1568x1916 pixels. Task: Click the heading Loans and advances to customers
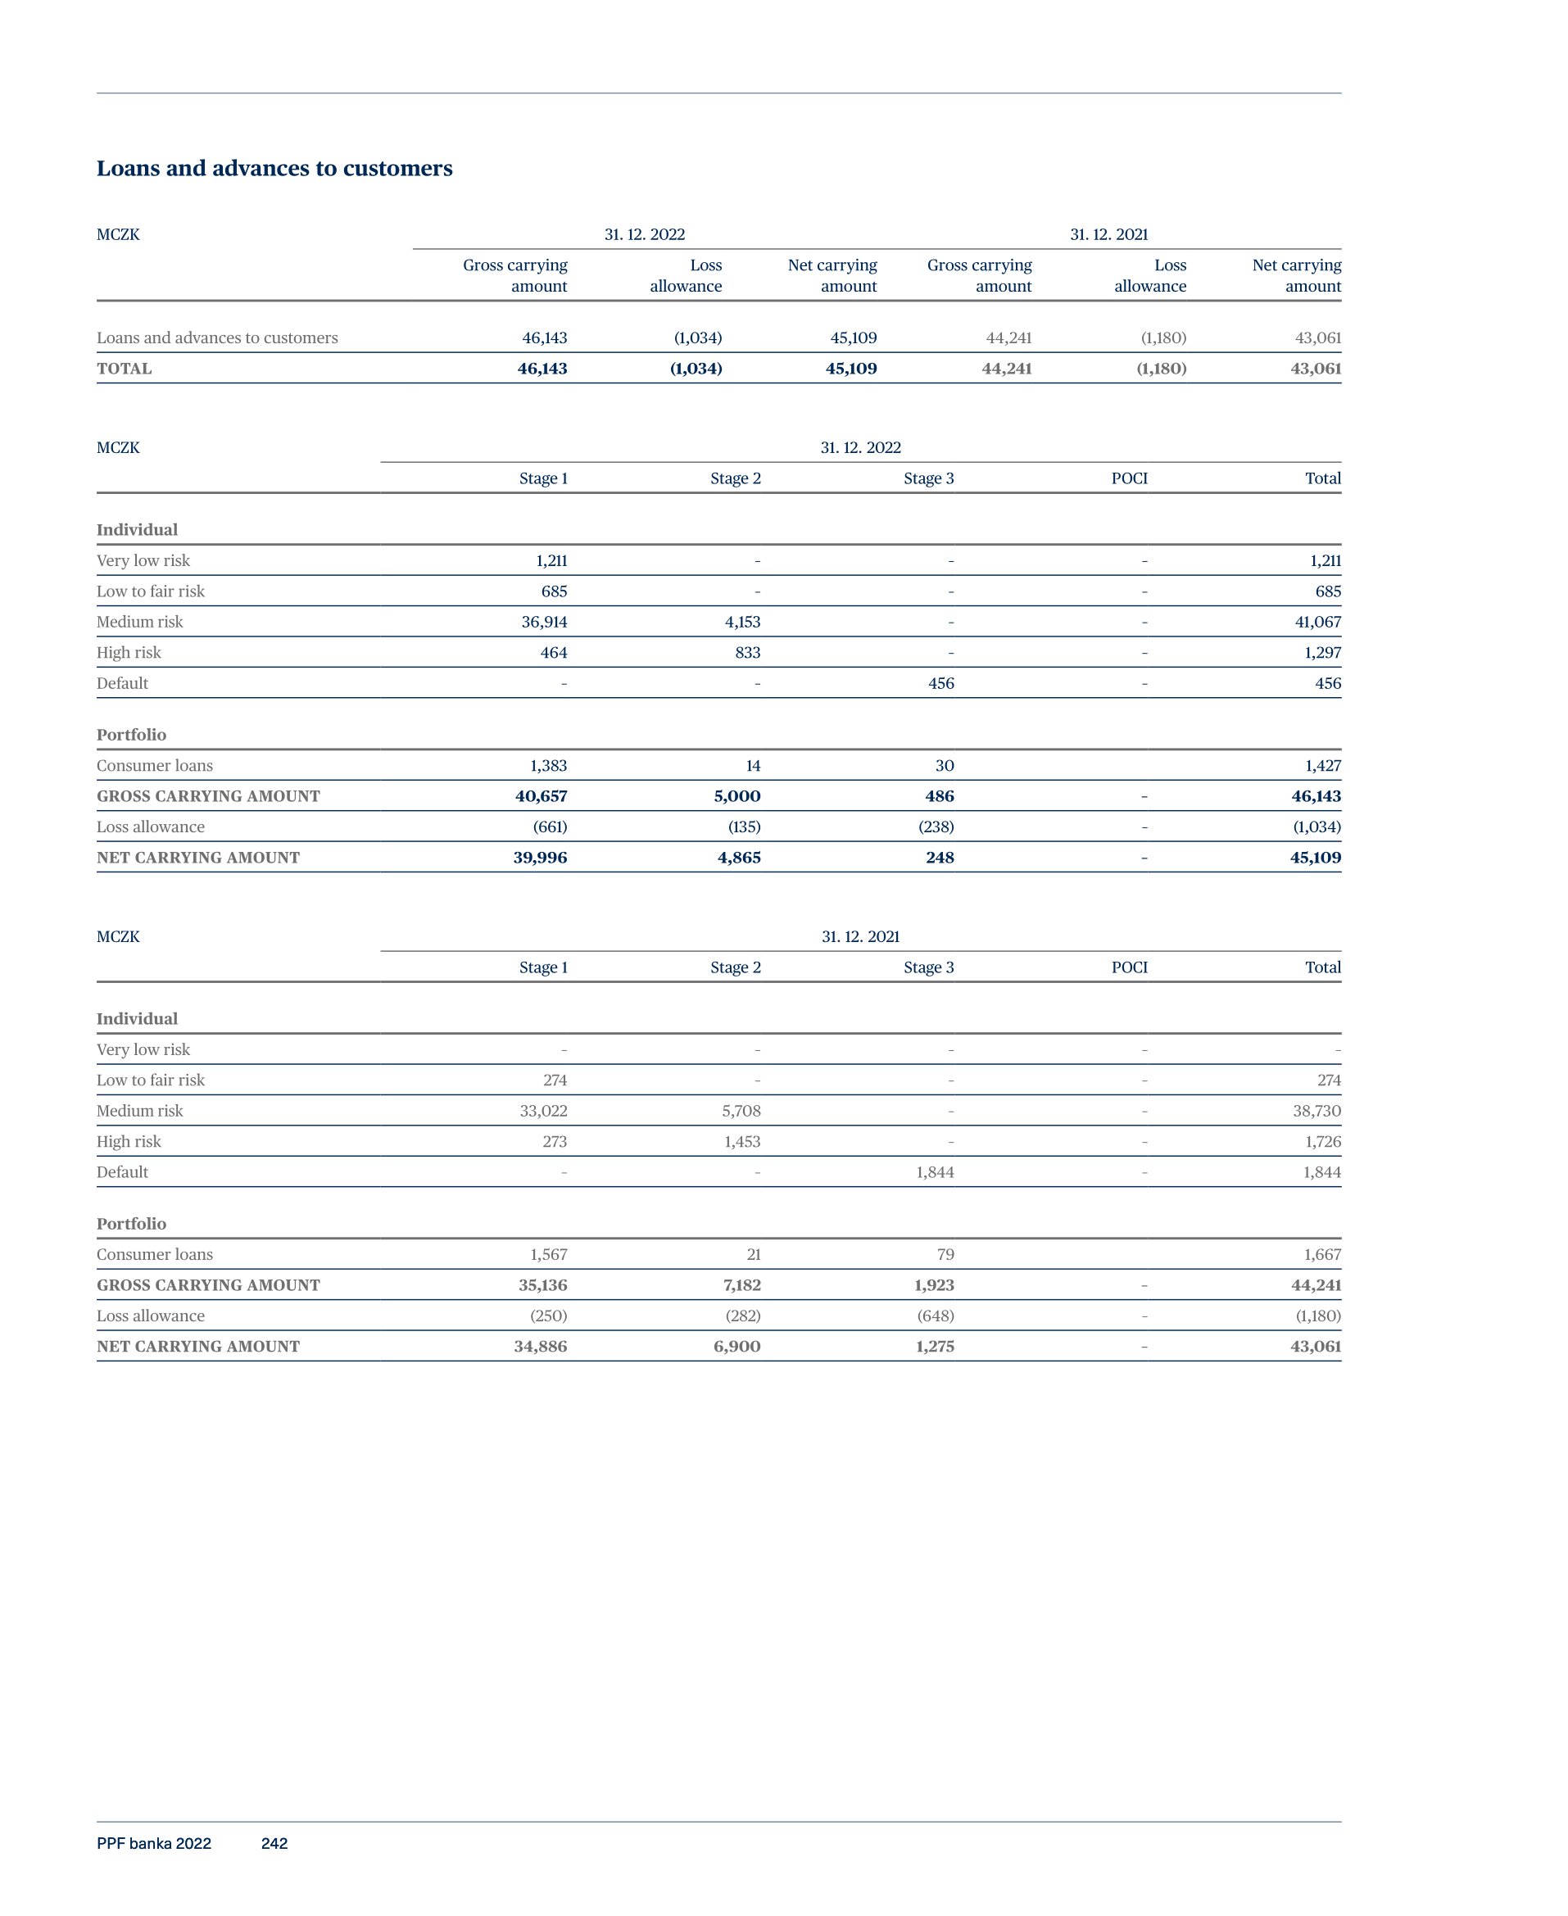tap(274, 169)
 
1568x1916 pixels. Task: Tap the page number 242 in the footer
tap(274, 1843)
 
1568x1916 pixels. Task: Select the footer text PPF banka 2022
tap(153, 1843)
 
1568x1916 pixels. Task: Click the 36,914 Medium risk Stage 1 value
tap(544, 622)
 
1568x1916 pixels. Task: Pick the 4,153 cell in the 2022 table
tap(741, 622)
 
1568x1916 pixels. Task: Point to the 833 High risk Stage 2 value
tap(747, 653)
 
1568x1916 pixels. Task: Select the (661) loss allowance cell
tap(549, 827)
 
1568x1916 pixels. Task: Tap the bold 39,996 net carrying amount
tap(540, 858)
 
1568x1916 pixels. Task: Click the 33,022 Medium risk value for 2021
tap(543, 1112)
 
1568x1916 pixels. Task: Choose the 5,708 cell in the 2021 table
tap(741, 1112)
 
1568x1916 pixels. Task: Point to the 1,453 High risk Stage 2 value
tap(741, 1142)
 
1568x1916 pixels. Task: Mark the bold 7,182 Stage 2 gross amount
tap(741, 1286)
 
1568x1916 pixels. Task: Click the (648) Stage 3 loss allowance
tap(935, 1316)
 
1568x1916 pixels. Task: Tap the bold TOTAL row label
tap(124, 369)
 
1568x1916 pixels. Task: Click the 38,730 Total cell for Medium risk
tap(1316, 1112)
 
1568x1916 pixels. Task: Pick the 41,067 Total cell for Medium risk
tap(1316, 622)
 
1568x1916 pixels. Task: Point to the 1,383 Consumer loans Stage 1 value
tap(547, 766)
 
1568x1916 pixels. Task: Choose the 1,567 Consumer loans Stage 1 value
tap(547, 1255)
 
